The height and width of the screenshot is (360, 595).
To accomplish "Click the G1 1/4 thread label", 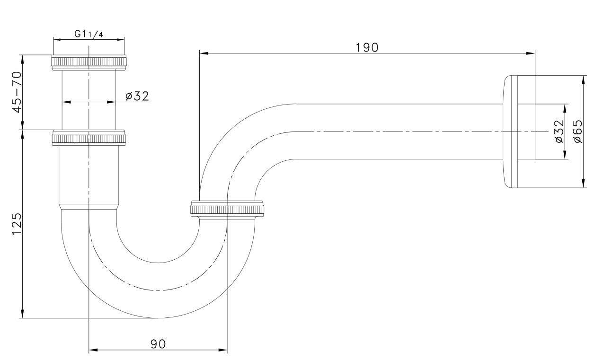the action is [89, 34].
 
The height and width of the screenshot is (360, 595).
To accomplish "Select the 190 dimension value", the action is [367, 47].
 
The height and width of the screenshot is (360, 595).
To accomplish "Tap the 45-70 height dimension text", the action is [17, 92].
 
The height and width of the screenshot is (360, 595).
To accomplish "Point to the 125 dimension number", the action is [17, 224].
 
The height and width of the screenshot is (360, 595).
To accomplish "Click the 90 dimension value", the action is [158, 344].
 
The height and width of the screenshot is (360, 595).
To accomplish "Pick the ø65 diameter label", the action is [578, 132].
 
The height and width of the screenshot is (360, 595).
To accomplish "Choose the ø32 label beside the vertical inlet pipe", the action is [137, 96].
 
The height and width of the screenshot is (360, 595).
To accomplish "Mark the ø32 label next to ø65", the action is [559, 132].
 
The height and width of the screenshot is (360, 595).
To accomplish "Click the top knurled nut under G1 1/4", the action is [89, 62].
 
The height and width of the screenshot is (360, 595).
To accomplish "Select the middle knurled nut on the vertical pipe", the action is [89, 138].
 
